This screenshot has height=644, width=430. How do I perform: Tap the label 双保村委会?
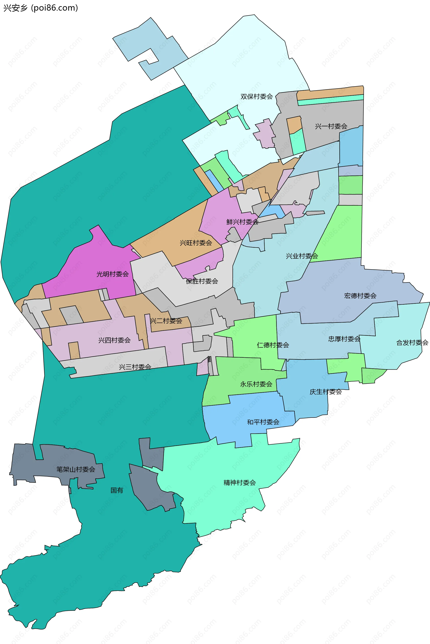tap(256, 97)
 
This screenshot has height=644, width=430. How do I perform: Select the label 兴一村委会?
tap(331, 126)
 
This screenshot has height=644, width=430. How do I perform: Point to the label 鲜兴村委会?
tap(242, 222)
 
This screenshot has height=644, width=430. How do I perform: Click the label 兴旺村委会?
tap(196, 243)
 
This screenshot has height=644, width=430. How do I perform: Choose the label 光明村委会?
tap(112, 274)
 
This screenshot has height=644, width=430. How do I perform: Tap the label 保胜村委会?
tap(202, 281)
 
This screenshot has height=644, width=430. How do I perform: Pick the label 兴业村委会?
tap(302, 256)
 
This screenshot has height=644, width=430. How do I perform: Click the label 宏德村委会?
tap(360, 296)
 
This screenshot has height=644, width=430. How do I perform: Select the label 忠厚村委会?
tap(344, 339)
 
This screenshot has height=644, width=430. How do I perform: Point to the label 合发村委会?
tap(412, 342)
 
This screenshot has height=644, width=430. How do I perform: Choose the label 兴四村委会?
tap(114, 340)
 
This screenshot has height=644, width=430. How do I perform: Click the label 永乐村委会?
tap(256, 384)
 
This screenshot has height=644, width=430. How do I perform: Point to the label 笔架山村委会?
tap(76, 469)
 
